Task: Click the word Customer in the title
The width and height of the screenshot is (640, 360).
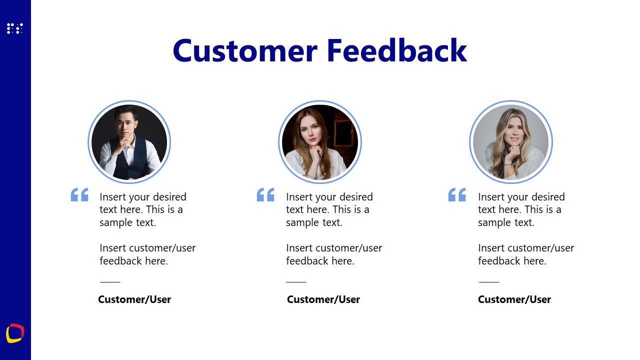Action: [x=245, y=50]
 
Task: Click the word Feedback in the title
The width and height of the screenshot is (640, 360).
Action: [x=397, y=50]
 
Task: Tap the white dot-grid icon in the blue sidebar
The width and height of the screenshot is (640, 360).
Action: [x=15, y=28]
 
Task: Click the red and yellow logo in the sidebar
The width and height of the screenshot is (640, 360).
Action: [x=15, y=333]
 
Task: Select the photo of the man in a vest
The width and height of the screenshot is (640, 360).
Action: [x=129, y=142]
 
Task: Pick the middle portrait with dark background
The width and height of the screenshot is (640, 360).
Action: [x=320, y=142]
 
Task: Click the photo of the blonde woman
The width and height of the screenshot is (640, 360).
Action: [x=511, y=142]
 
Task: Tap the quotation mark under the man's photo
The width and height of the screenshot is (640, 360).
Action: [x=79, y=194]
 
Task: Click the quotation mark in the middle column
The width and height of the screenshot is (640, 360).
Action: [x=265, y=194]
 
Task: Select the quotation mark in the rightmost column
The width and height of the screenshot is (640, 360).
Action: [x=457, y=194]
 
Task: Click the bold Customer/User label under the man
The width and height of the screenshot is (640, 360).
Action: [x=134, y=299]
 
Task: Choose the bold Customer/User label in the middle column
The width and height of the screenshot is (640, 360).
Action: [x=323, y=299]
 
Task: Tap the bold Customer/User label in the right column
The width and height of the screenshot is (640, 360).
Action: [x=514, y=299]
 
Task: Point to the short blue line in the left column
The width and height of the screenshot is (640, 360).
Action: [x=110, y=282]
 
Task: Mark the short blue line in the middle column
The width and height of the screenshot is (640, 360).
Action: [x=296, y=282]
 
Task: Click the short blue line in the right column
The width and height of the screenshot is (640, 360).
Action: [x=489, y=282]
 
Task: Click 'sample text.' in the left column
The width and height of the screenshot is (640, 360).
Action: [x=127, y=222]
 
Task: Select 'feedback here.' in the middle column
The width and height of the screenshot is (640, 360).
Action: [x=320, y=261]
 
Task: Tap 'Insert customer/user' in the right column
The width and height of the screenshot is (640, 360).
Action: [x=525, y=248]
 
